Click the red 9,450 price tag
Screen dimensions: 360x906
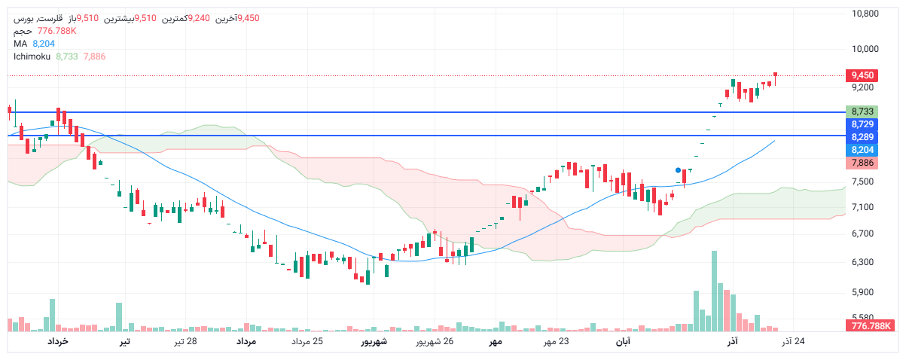[862, 75]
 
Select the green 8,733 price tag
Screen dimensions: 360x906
[862, 111]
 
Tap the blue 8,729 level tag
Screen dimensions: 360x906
[862, 124]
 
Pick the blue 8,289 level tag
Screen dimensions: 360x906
[862, 137]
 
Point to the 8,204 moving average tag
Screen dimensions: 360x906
[862, 150]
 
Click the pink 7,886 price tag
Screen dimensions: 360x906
[862, 163]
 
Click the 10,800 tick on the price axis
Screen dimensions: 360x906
[865, 14]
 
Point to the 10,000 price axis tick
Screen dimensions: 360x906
[865, 49]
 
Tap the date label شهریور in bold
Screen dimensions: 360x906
[374, 342]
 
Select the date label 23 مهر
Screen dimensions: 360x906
[557, 342]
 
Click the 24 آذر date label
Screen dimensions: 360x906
[793, 342]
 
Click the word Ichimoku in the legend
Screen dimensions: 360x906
[32, 56]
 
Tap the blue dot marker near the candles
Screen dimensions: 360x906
[679, 170]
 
